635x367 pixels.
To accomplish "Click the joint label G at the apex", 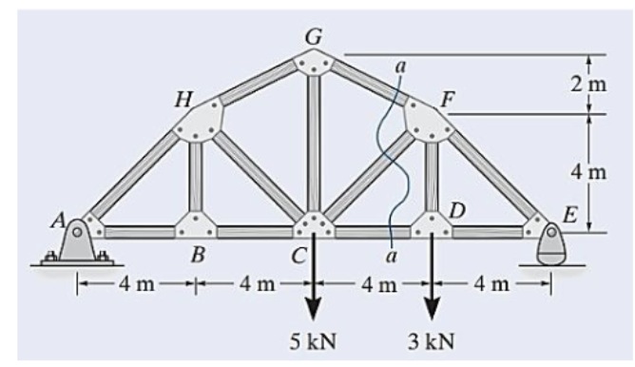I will pos(313,36).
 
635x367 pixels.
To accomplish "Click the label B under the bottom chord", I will pos(198,257).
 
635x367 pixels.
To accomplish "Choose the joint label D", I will pos(457,209).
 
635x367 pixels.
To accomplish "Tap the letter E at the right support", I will pos(568,215).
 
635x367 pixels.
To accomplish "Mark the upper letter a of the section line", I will pos(400,67).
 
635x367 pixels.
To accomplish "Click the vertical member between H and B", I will pos(197,171).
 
